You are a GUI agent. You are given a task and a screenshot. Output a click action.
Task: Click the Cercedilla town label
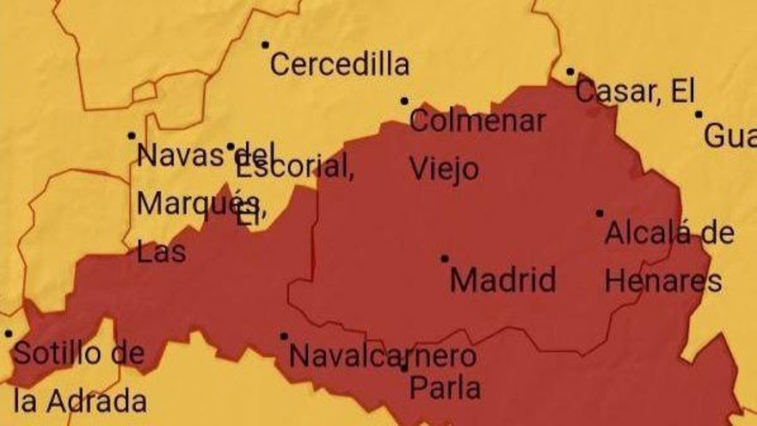340,65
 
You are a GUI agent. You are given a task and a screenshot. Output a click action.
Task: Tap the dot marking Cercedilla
265,45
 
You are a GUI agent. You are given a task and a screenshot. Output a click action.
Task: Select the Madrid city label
503,280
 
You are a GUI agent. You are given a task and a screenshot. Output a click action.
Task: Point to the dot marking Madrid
445,258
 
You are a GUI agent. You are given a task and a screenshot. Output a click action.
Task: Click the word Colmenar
477,120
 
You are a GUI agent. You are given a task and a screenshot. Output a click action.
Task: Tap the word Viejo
443,169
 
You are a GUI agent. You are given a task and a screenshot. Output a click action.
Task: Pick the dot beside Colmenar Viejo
404,101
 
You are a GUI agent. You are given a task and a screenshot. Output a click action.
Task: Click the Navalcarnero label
382,355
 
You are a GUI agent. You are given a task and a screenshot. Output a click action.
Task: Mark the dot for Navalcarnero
284,336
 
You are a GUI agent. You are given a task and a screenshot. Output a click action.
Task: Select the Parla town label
444,387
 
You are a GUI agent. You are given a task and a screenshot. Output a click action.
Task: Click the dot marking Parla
404,368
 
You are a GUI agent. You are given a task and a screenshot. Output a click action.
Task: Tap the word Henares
663,281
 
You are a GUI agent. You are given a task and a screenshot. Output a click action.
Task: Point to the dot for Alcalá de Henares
600,213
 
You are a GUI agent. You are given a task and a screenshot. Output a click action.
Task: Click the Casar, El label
635,91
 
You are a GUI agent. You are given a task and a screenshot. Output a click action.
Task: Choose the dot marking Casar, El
570,72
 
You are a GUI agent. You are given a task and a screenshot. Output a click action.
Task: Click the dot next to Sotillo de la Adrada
9,333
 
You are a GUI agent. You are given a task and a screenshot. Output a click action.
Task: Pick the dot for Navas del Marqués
132,135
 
